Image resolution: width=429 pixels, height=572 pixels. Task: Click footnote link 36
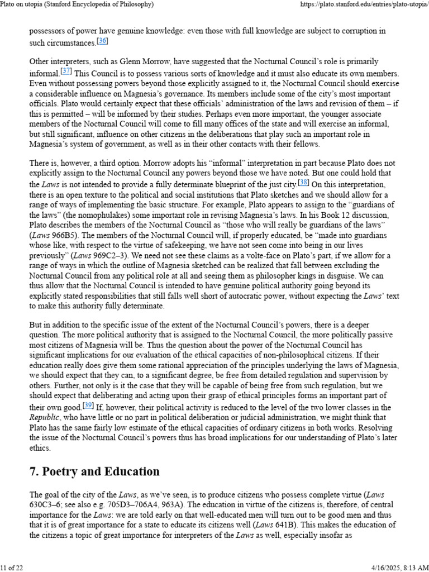point(102,41)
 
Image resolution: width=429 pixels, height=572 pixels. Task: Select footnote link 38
point(304,182)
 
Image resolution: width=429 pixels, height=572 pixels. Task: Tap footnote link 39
point(88,405)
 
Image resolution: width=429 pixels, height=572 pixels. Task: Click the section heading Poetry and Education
point(94,471)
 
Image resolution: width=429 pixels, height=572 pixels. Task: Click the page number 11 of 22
point(11,568)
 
